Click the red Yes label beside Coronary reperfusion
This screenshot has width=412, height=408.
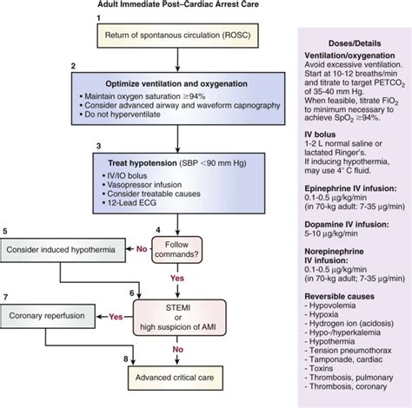tap(115, 318)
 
